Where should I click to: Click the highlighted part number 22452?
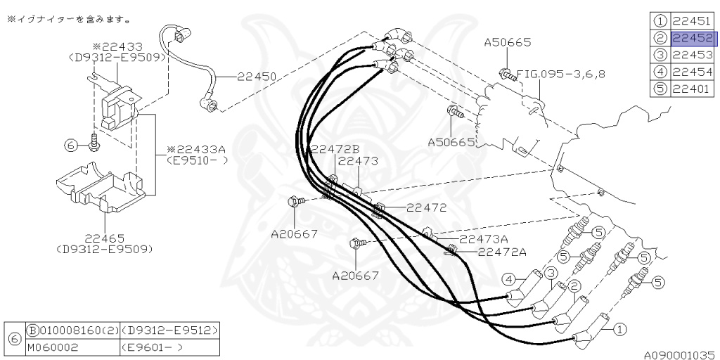pyautogui.click(x=693, y=39)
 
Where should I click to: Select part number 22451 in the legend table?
pyautogui.click(x=693, y=21)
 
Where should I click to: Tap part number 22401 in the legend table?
pyautogui.click(x=693, y=89)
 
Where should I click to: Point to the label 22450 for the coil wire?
pyautogui.click(x=257, y=76)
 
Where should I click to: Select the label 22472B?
pyautogui.click(x=335, y=149)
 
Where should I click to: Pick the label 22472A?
pyautogui.click(x=502, y=252)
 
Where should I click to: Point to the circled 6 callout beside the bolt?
pyautogui.click(x=70, y=145)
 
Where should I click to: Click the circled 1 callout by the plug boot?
pyautogui.click(x=619, y=328)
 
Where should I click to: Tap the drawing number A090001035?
pyautogui.click(x=679, y=355)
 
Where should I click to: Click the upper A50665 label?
pyautogui.click(x=508, y=43)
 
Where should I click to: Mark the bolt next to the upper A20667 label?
pyautogui.click(x=295, y=203)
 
